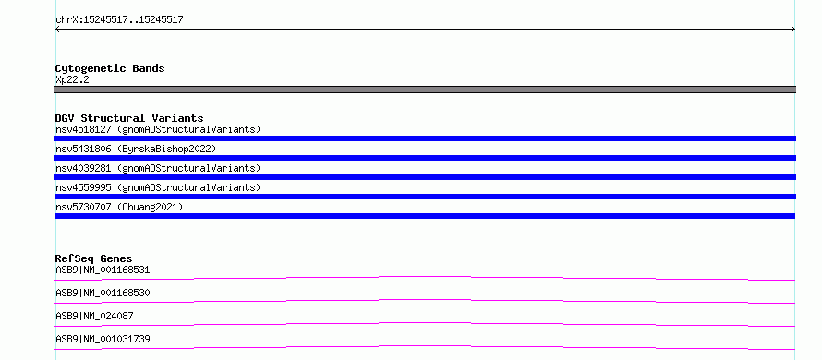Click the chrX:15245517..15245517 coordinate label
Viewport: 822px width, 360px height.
119,20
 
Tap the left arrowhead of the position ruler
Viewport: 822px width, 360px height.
57,30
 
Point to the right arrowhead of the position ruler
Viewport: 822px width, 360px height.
793,30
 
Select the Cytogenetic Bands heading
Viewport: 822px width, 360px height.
110,68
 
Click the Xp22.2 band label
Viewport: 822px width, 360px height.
72,79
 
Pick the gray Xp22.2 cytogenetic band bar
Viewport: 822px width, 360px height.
425,90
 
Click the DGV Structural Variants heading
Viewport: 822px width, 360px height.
129,118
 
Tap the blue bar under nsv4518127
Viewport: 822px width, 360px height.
425,138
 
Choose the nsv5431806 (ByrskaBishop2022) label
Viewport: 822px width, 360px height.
136,149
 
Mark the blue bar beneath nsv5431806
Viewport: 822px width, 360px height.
425,158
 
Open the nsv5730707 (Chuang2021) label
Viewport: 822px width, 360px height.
119,207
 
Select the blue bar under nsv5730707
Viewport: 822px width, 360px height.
425,216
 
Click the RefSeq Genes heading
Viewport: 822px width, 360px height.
94,258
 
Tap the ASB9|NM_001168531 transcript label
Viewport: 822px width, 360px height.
103,270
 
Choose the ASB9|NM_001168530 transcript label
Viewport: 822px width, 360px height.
103,293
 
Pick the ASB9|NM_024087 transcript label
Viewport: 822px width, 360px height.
94,316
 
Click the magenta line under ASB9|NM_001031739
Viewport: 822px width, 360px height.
425,346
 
